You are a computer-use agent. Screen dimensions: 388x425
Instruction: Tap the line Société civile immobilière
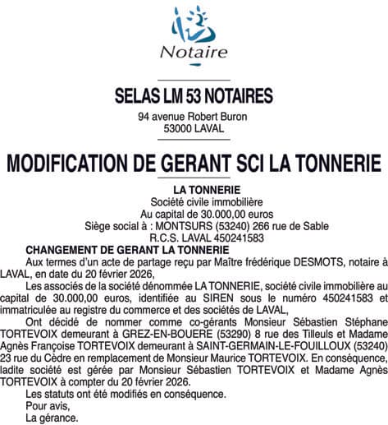click(x=194, y=201)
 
